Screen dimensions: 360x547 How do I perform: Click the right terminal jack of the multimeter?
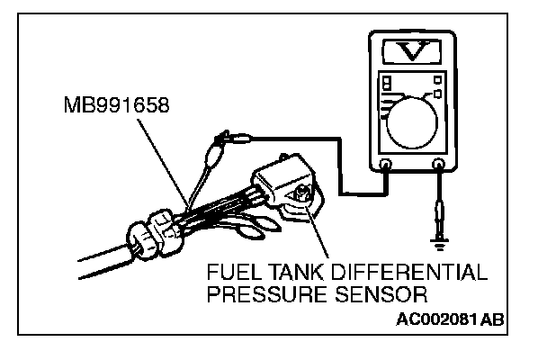(x=439, y=165)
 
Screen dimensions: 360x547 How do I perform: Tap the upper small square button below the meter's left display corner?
(x=386, y=83)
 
